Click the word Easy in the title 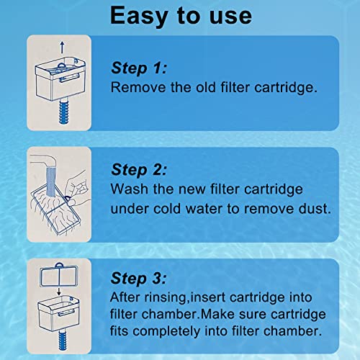pos(139,16)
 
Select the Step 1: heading pos(139,68)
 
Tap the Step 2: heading pos(139,170)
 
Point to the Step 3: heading pos(138,279)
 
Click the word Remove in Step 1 pos(138,87)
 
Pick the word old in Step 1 pos(206,87)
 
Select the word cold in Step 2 pos(167,209)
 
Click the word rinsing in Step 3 pos(165,297)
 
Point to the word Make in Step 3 pos(217,314)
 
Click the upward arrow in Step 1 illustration pos(62,48)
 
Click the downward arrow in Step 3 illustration pos(59,291)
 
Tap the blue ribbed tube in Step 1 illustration pos(63,112)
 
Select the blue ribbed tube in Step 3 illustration pos(63,340)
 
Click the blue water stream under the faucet pos(51,181)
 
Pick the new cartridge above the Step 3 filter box pos(59,275)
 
